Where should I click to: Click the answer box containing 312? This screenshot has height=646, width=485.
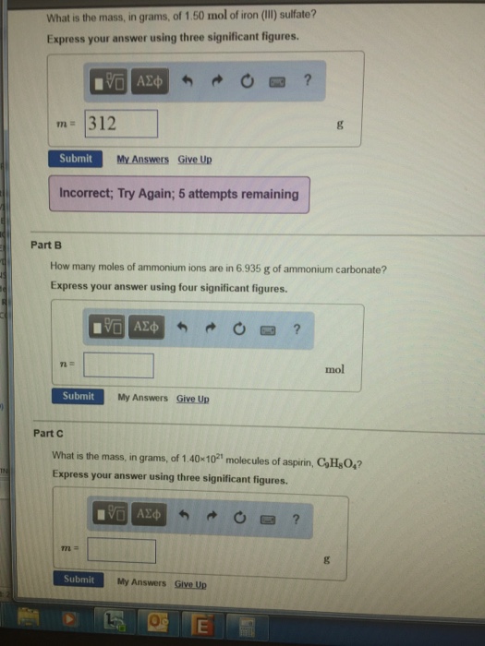pyautogui.click(x=122, y=124)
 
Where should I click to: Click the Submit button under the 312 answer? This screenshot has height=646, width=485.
pyautogui.click(x=76, y=159)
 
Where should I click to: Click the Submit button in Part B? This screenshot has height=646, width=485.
pyautogui.click(x=79, y=397)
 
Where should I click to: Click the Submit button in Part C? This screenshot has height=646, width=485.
pyautogui.click(x=79, y=580)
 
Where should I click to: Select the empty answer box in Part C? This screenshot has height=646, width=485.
pyautogui.click(x=122, y=551)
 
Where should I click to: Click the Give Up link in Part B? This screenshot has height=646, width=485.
pyautogui.click(x=193, y=399)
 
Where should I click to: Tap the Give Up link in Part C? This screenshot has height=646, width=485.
pyautogui.click(x=190, y=583)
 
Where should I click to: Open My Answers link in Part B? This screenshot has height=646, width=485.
pyautogui.click(x=143, y=398)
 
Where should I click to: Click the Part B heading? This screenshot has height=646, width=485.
pyautogui.click(x=45, y=245)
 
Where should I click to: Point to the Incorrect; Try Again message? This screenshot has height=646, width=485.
pyautogui.click(x=179, y=195)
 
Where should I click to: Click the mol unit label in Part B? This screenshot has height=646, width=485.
pyautogui.click(x=334, y=369)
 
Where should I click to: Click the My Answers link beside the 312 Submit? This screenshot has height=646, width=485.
pyautogui.click(x=142, y=160)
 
